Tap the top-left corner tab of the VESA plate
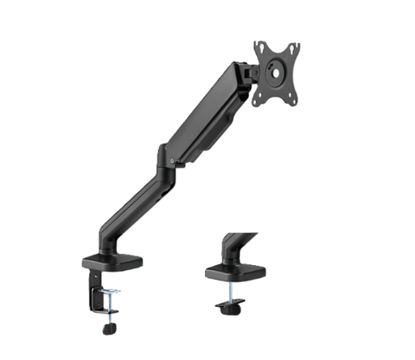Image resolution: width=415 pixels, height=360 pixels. pyautogui.click(x=258, y=45)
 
